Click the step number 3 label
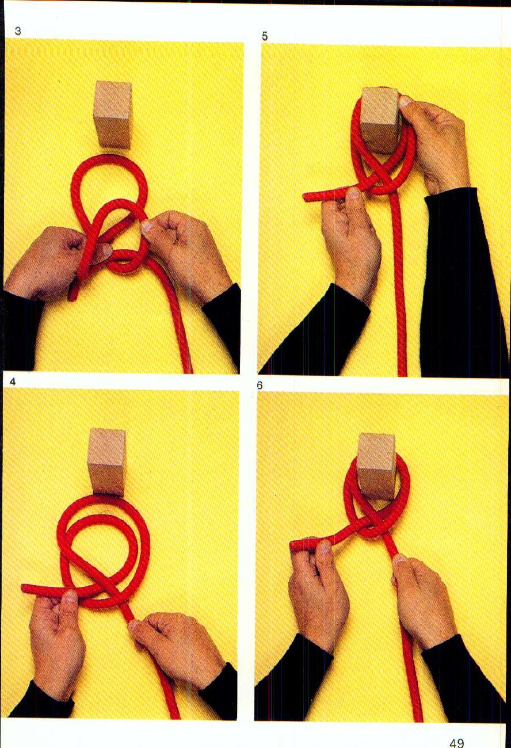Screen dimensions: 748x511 click(18, 31)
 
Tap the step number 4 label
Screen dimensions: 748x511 click(13, 381)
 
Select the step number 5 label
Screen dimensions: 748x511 click(265, 36)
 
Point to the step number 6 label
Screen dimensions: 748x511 click(260, 386)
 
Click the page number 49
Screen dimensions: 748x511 click(456, 743)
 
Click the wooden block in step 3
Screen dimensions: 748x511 click(112, 115)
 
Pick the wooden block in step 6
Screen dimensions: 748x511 click(376, 465)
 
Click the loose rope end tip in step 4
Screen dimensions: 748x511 click(25, 587)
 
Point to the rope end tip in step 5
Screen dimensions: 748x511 click(307, 197)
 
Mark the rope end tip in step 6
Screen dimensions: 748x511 click(293, 544)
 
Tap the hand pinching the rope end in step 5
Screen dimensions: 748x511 click(348, 242)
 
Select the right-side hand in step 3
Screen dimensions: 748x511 click(181, 245)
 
